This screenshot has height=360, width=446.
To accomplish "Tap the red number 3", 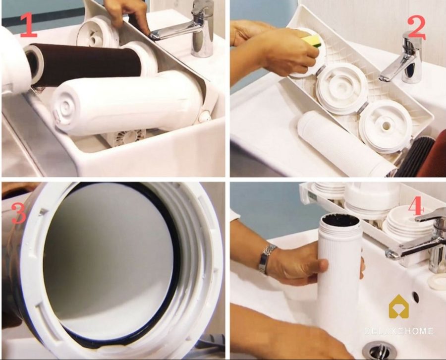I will (18, 213).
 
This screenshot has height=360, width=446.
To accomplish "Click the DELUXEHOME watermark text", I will (399, 331).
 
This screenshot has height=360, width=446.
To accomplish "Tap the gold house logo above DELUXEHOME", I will (398, 307).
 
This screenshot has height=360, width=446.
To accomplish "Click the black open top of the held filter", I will (340, 220).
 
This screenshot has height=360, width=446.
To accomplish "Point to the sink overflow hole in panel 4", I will (415, 297).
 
